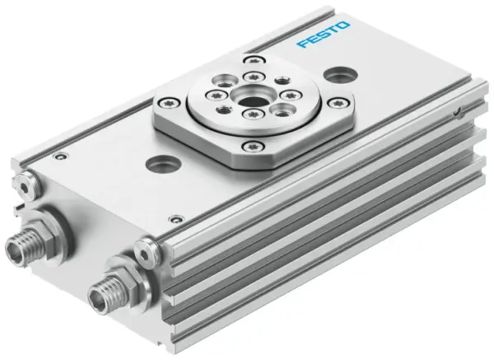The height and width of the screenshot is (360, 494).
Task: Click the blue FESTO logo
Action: (x=324, y=36)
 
